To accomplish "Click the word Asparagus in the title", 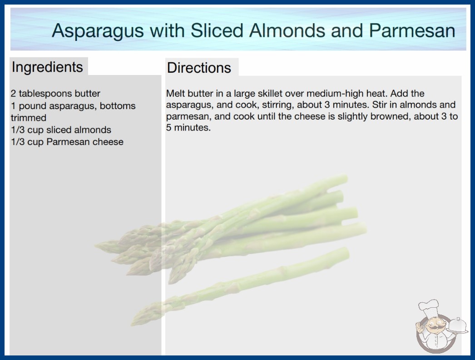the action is [x=98, y=31].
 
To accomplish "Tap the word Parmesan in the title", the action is [x=412, y=30].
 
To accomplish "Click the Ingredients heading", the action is [x=47, y=67].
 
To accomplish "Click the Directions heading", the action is [x=199, y=68].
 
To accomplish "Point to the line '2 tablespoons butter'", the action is [x=55, y=94].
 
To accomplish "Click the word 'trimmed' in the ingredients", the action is [x=29, y=118].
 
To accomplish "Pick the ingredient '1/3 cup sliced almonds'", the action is [x=61, y=130].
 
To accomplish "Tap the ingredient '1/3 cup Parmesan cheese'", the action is [x=67, y=142].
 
